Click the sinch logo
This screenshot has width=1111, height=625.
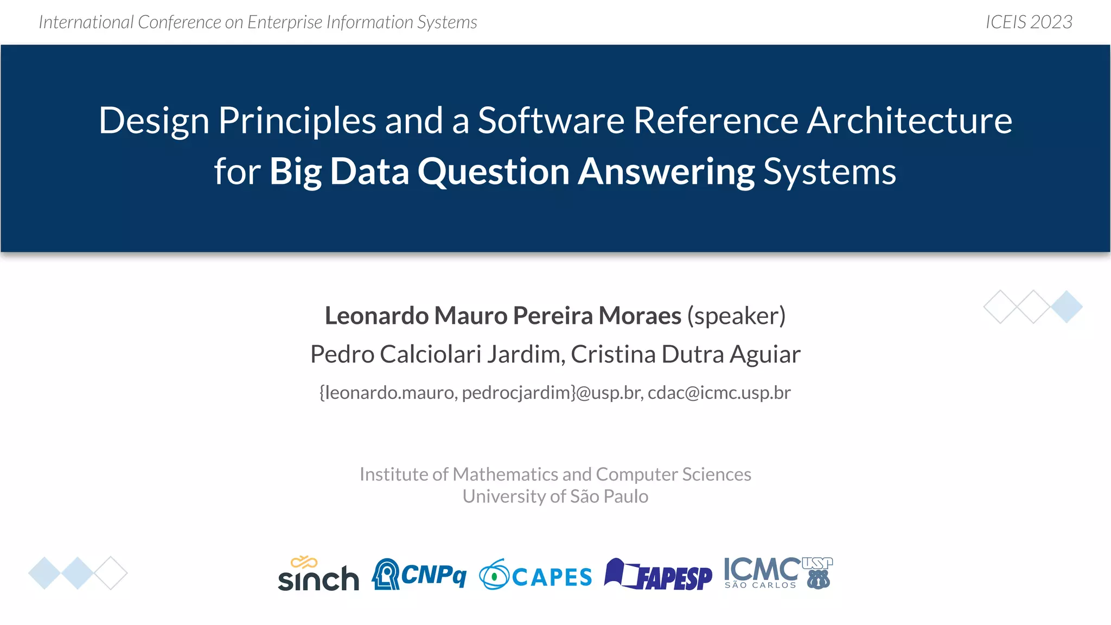pyautogui.click(x=318, y=574)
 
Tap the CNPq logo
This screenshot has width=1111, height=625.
pyautogui.click(x=419, y=574)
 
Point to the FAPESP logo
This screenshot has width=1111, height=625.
pyautogui.click(x=659, y=575)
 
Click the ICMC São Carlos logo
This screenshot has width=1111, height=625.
pyautogui.click(x=778, y=573)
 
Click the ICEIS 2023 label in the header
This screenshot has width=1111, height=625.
pyautogui.click(x=1029, y=22)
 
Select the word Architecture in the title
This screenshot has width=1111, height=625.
pyautogui.click(x=909, y=120)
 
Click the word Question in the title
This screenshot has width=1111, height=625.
pyautogui.click(x=493, y=171)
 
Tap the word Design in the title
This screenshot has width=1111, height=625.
pyautogui.click(x=154, y=120)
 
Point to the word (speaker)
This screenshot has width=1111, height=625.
pyautogui.click(x=736, y=316)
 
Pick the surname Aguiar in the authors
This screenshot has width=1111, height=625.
pyautogui.click(x=765, y=354)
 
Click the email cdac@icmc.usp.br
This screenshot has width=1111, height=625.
pyautogui.click(x=719, y=392)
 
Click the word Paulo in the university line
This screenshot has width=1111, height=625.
pyautogui.click(x=625, y=496)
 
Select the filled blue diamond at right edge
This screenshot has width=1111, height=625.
pyautogui.click(x=1067, y=307)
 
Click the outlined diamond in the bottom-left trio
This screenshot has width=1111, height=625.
pyautogui.click(x=111, y=573)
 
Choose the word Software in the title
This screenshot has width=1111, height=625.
pyautogui.click(x=551, y=120)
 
